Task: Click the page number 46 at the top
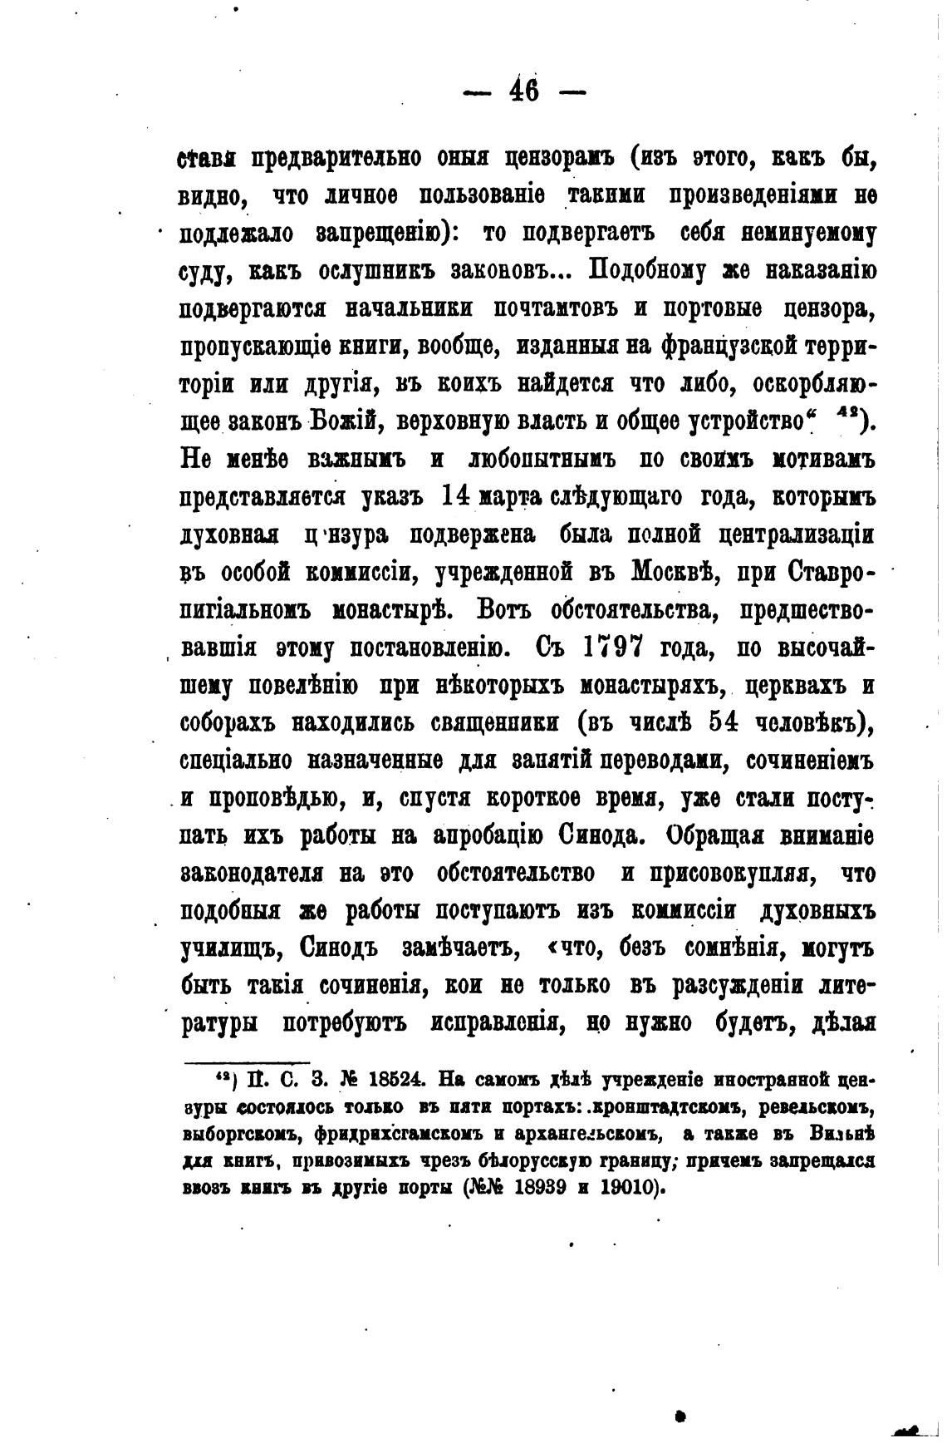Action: coord(523,91)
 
